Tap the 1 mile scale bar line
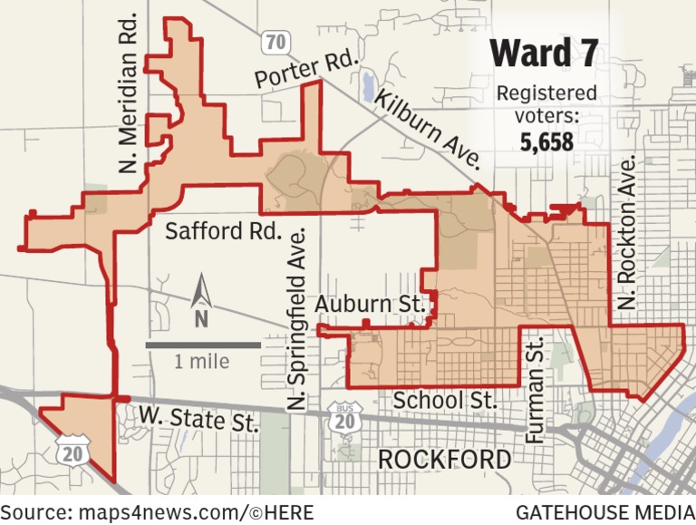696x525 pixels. point(202,345)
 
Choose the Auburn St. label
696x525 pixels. point(370,305)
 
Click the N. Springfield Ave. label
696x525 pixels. point(295,321)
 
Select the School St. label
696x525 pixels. point(445,400)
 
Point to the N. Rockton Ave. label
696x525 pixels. point(626,233)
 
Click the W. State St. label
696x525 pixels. point(198,418)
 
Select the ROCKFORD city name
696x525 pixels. point(444,460)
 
